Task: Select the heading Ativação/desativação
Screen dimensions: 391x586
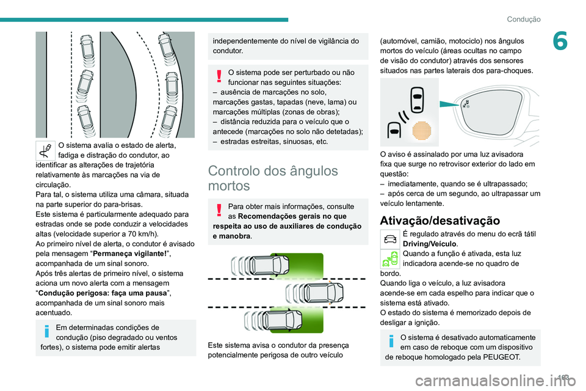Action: (439, 221)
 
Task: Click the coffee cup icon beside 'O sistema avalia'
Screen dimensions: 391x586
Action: (46, 150)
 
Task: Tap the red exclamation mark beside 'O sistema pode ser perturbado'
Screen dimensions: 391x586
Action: (219, 76)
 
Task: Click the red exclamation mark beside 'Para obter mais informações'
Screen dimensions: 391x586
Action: (219, 210)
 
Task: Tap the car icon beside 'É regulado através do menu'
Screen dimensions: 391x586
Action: (390, 238)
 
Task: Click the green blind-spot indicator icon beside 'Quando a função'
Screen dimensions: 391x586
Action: (390, 259)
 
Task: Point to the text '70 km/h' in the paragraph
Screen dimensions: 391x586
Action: (143, 233)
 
